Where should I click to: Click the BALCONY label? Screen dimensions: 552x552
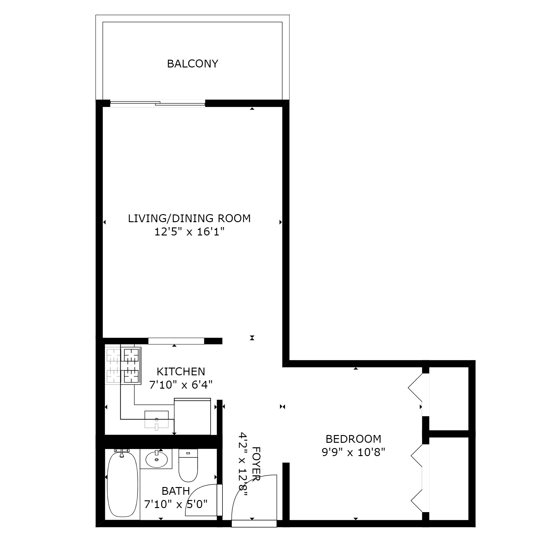[x=192, y=64]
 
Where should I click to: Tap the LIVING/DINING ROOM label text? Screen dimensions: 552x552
[x=189, y=218]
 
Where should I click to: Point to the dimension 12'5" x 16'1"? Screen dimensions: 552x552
[x=189, y=232]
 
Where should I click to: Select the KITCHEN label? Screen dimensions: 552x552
[x=181, y=371]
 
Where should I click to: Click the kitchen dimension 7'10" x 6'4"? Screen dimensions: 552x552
[x=181, y=385]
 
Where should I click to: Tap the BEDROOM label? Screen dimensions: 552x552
[x=353, y=439]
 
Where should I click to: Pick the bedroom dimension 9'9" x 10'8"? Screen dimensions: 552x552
[x=353, y=453]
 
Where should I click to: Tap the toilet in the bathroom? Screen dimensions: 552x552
[x=188, y=466]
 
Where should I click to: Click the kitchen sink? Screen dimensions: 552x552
[x=157, y=419]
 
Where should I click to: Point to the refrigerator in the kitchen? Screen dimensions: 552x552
[x=192, y=416]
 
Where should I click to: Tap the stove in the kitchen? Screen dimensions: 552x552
[x=132, y=366]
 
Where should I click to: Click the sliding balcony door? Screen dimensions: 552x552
[x=157, y=103]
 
